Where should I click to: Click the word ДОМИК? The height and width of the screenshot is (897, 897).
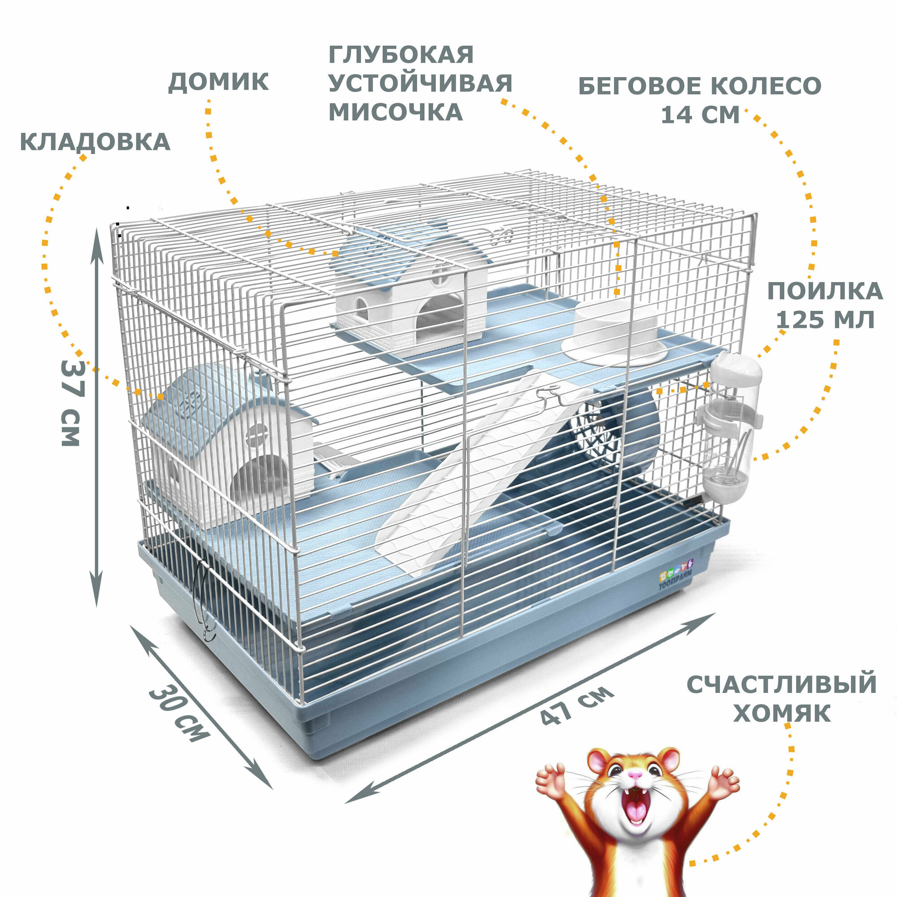(x=218, y=82)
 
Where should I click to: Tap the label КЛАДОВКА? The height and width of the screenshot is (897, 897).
(x=95, y=142)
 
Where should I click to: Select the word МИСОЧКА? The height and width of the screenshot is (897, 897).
(x=396, y=112)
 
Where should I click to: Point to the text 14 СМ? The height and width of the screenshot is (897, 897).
(x=700, y=114)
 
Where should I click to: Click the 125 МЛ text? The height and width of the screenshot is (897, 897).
(x=825, y=319)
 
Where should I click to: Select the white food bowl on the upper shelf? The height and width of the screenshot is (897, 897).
(x=615, y=332)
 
